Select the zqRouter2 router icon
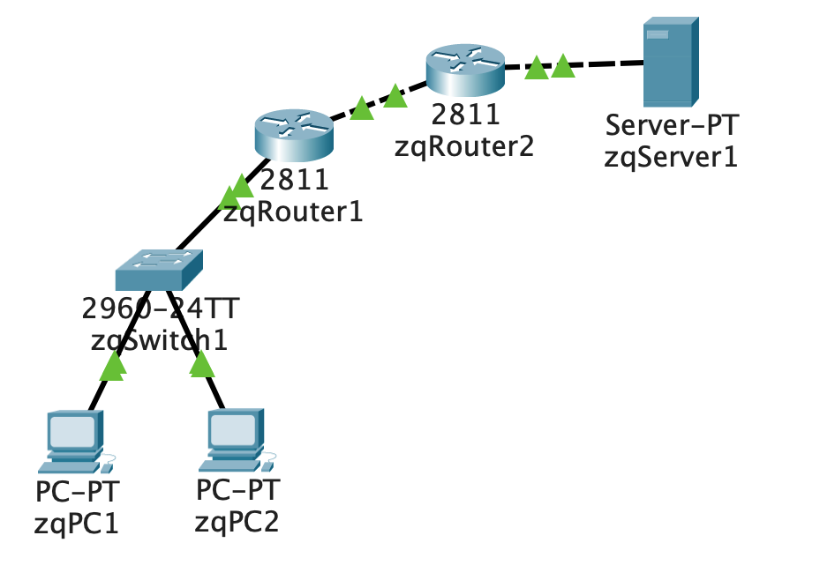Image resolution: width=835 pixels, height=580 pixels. point(465,70)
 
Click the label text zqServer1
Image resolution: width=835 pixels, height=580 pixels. point(670,159)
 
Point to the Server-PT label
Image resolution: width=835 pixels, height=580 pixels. point(670,128)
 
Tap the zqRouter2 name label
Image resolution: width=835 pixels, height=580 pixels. point(464,146)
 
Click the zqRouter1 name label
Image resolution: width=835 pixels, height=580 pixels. point(293,212)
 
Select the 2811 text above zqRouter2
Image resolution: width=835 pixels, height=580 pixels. point(465,115)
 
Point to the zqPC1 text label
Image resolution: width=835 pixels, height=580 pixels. point(76,523)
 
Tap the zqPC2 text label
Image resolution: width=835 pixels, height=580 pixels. point(237,521)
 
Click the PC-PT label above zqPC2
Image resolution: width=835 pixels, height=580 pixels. point(237,489)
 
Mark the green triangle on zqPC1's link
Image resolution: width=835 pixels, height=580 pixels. point(113,366)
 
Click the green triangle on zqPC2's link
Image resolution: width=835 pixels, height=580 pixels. point(202,363)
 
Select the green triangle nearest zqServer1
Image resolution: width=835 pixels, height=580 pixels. point(562,65)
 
